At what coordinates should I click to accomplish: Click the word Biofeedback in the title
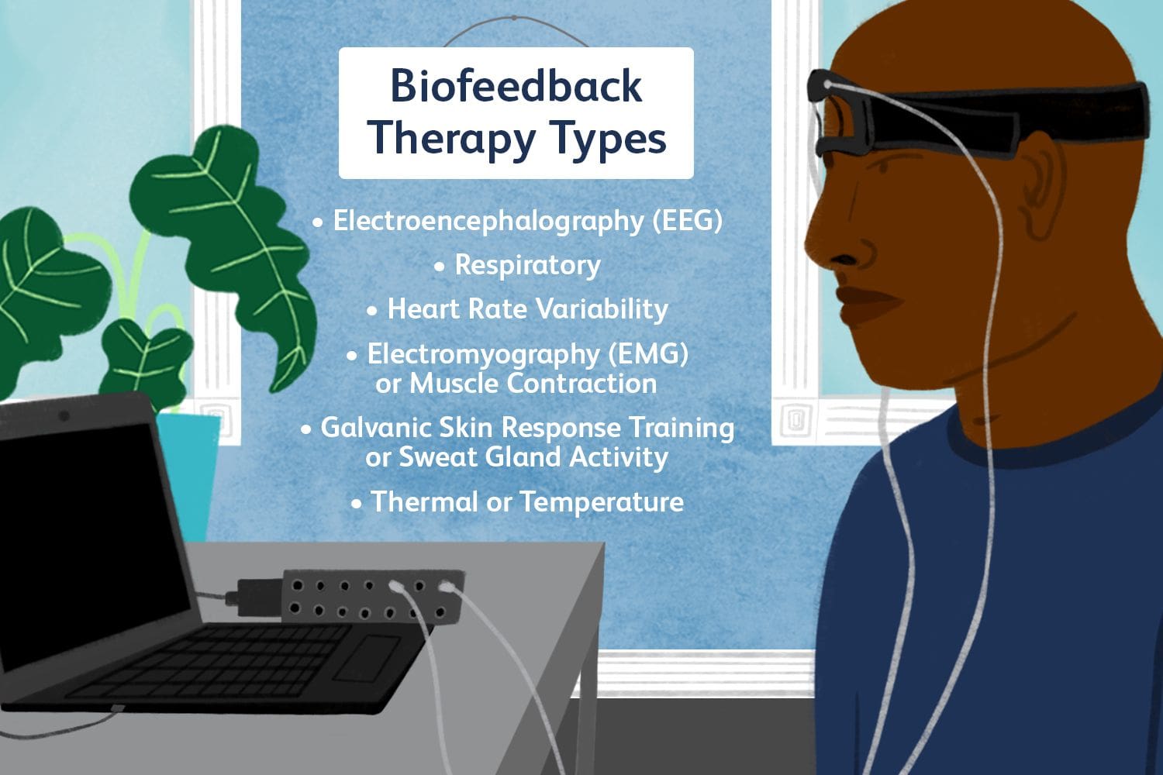click(x=516, y=85)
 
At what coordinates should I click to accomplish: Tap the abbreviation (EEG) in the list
click(x=687, y=221)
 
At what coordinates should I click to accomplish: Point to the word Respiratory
click(x=527, y=265)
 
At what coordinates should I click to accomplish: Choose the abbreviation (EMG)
click(x=648, y=354)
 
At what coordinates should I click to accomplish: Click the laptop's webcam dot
click(x=64, y=417)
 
